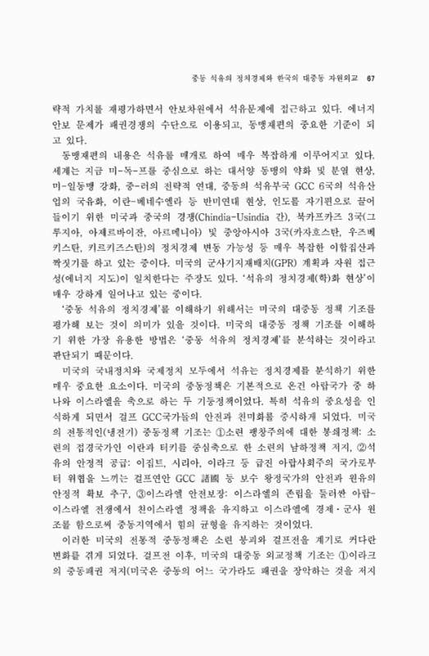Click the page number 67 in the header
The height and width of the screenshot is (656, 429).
point(370,78)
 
